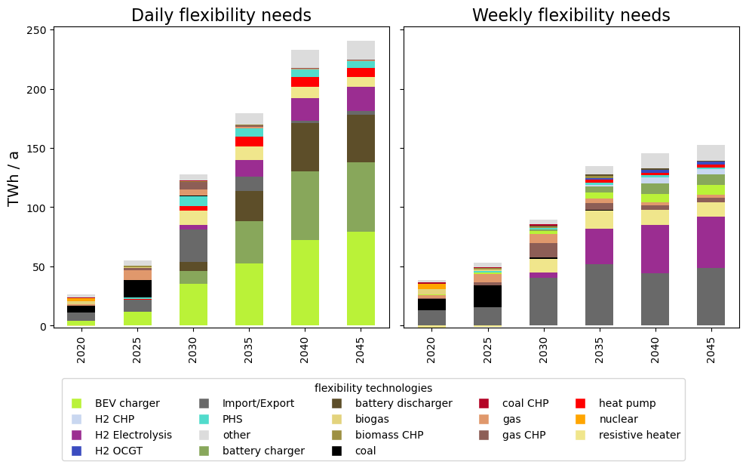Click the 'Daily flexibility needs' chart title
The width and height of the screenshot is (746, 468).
click(221, 15)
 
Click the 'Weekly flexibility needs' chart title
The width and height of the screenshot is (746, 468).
click(571, 15)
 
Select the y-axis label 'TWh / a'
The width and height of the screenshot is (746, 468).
click(14, 178)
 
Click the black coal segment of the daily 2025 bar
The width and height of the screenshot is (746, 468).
click(137, 288)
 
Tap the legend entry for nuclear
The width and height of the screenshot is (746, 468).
click(618, 419)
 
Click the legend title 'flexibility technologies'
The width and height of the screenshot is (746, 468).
click(373, 388)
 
